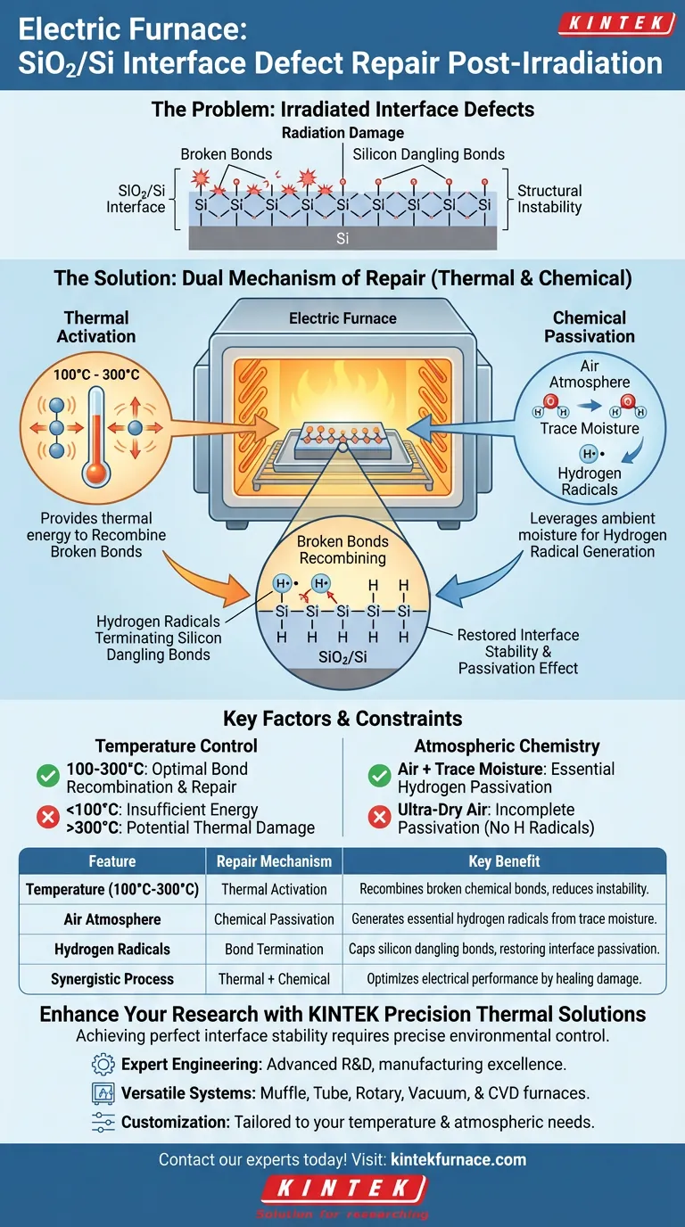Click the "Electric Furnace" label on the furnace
pos(342,317)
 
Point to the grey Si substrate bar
pos(342,239)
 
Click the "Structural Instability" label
pos(549,199)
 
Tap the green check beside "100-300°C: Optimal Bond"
pos(47,778)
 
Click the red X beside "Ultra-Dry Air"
pos(379,818)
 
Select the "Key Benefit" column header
pos(504,861)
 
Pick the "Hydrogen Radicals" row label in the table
pos(112,949)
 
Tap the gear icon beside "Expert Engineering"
pos(103,1065)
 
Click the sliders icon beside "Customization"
pos(103,1122)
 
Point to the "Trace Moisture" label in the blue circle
pos(590,428)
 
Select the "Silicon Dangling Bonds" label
pos(428,154)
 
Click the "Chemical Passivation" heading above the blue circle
pos(590,326)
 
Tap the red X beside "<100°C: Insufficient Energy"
pos(47,818)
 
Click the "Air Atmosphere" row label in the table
pos(112,919)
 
